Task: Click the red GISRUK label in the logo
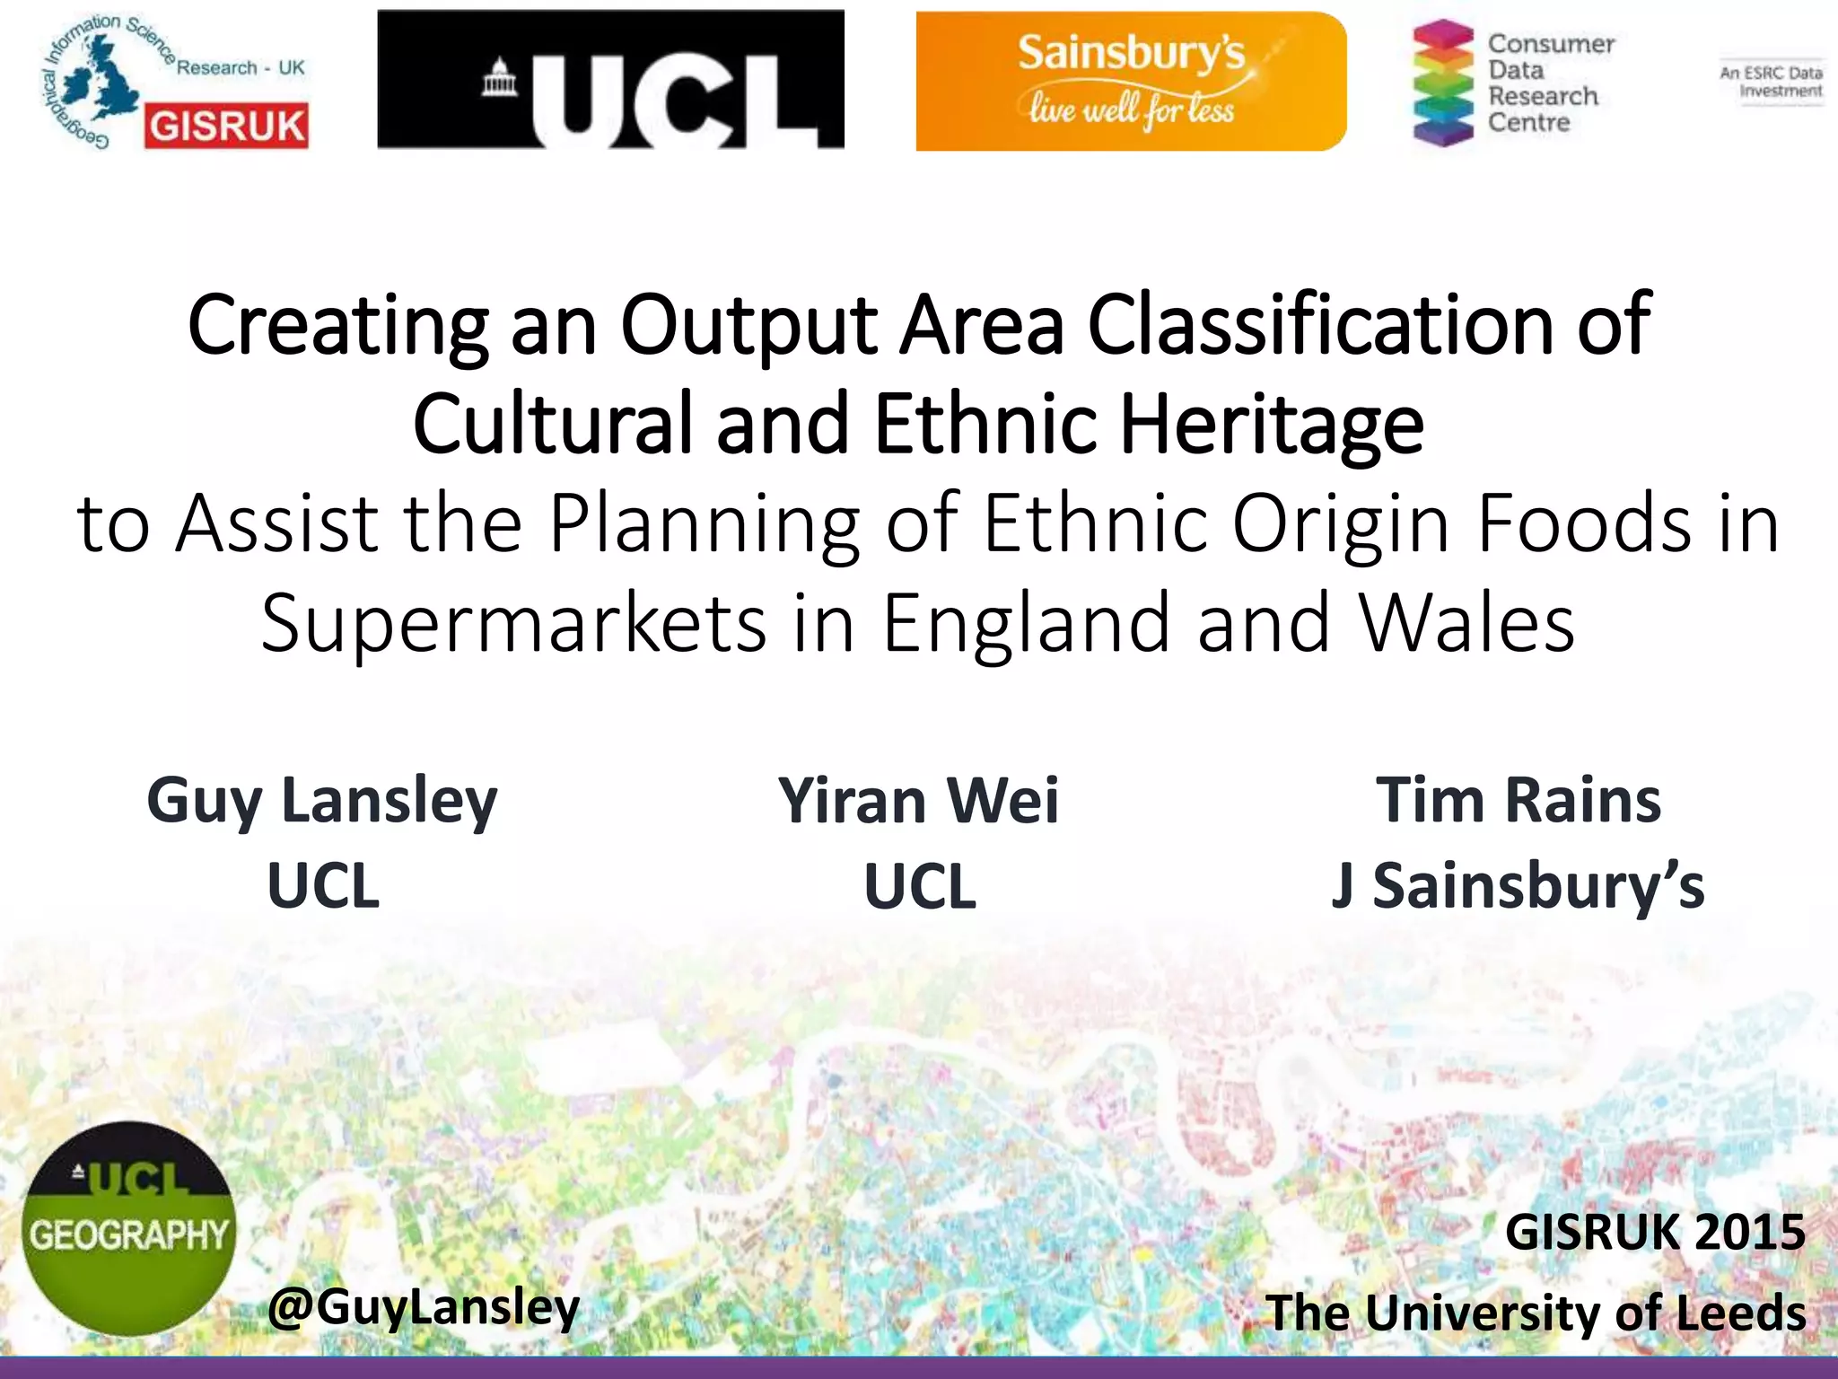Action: click(x=225, y=126)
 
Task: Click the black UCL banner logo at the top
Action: click(x=610, y=79)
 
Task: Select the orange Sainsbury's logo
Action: click(x=1131, y=81)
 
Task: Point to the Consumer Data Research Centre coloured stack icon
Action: click(x=1442, y=83)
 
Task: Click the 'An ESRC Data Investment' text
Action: click(x=1772, y=82)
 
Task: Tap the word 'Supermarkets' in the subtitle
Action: click(x=513, y=623)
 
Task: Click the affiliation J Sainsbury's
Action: click(x=1518, y=885)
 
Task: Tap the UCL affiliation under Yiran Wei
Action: click(x=919, y=886)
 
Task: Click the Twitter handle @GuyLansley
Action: click(x=424, y=1307)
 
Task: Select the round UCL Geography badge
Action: click(x=128, y=1228)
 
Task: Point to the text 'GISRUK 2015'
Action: click(x=1654, y=1231)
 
